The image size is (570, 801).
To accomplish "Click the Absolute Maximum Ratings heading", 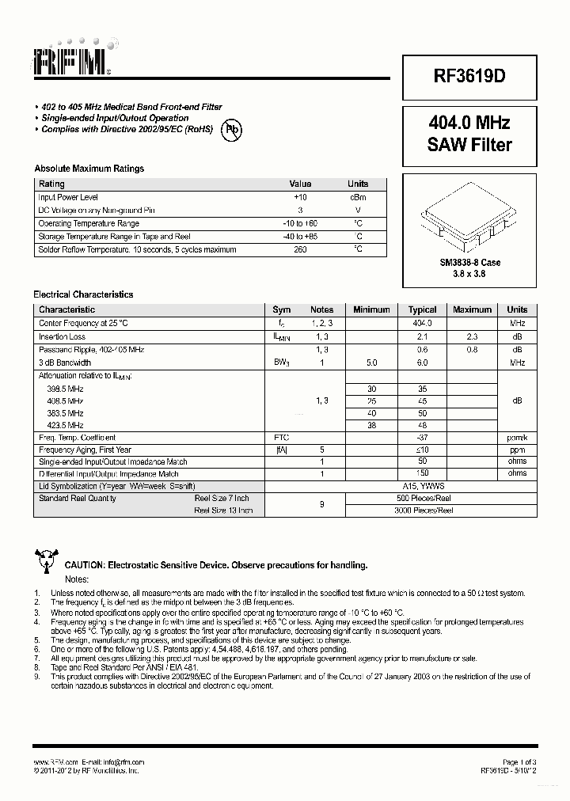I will click(89, 169).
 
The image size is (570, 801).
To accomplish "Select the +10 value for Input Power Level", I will click(300, 197).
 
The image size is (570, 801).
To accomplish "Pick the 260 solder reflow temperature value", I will click(300, 249).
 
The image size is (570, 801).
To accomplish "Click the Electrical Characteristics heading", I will click(83, 294).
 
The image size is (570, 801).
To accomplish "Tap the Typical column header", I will click(422, 309).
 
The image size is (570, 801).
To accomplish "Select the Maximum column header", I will click(472, 309).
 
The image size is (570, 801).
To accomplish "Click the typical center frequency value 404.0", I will click(422, 323).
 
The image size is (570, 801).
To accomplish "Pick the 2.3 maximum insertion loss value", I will click(472, 336).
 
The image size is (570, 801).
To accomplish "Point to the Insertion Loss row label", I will click(62, 336).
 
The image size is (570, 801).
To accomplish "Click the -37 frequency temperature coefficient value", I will click(422, 437).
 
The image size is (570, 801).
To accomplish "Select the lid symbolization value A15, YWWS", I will click(422, 485).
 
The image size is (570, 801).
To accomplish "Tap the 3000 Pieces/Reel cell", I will click(422, 511).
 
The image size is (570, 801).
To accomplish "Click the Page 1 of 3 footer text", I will click(519, 761).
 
